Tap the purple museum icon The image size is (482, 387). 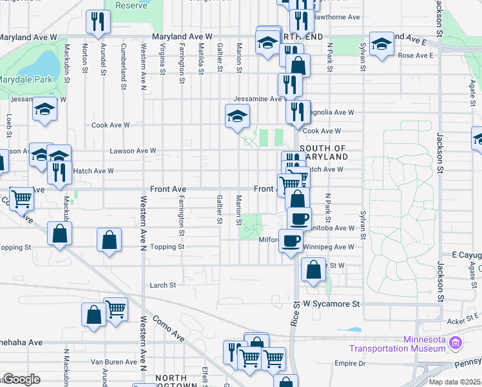pos(456,342)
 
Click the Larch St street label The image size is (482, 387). pos(162,285)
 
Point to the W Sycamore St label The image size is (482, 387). pos(330,303)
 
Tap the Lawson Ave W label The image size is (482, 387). pos(133,151)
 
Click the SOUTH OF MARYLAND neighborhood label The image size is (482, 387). pos(323,152)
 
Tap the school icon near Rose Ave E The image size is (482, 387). pos(381,43)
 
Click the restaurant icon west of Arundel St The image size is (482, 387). pos(98,21)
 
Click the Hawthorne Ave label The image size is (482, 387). pos(339,17)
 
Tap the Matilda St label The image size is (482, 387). pos(201,57)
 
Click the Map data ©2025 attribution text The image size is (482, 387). pos(454,382)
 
